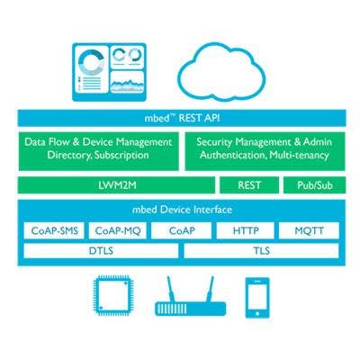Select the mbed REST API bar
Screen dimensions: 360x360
click(182, 118)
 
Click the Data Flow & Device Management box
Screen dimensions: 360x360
click(99, 151)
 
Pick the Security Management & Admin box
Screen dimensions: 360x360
click(265, 151)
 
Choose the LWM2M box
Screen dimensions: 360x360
click(116, 185)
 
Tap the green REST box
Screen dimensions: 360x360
click(249, 185)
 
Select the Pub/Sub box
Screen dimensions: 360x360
click(315, 185)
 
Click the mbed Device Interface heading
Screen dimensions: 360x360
click(182, 210)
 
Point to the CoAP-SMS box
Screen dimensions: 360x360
click(54, 230)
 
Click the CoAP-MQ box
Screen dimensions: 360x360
click(118, 230)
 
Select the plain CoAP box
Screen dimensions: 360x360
click(182, 230)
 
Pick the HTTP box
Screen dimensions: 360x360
click(246, 230)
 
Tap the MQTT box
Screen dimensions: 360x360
click(309, 230)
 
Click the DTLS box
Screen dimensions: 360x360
click(101, 250)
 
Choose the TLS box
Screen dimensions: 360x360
click(261, 250)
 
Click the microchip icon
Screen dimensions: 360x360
click(112, 295)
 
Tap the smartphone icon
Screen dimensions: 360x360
click(257, 298)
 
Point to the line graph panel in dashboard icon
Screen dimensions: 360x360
click(127, 82)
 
